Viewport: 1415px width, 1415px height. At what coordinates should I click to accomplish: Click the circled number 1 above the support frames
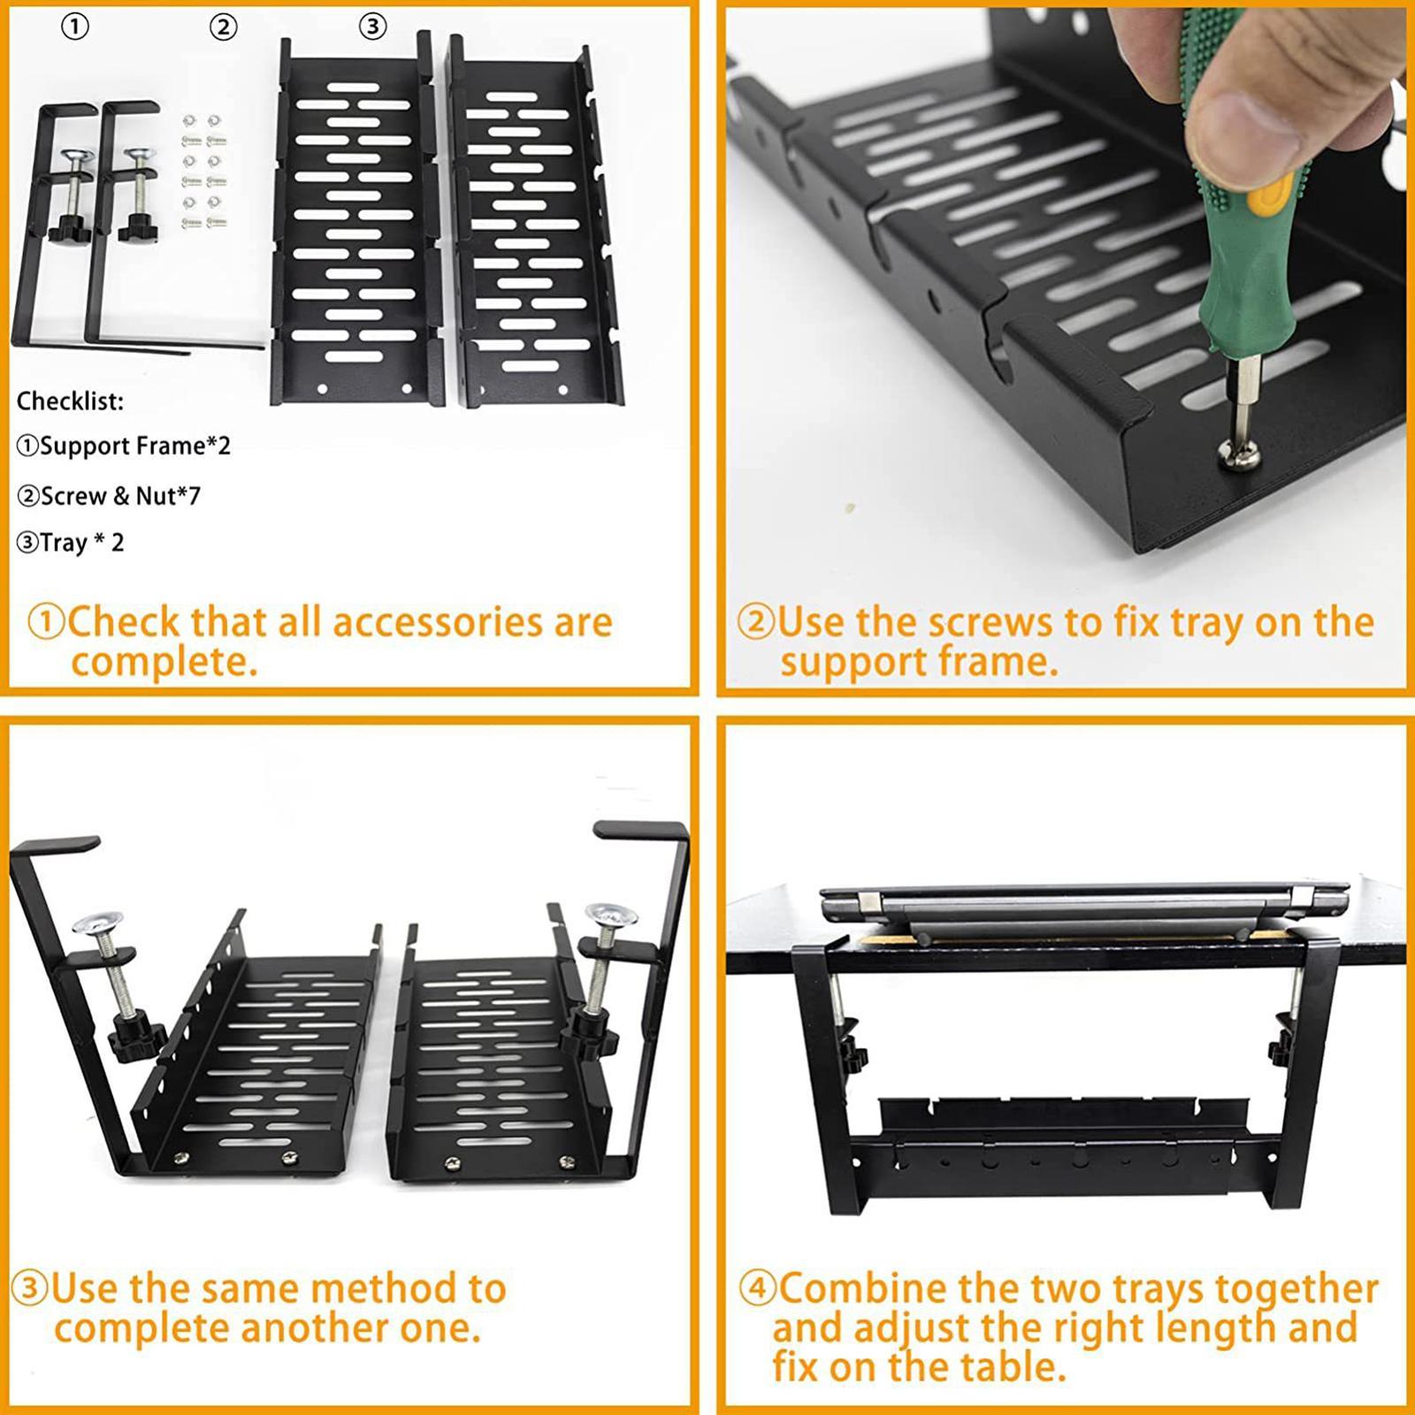[75, 27]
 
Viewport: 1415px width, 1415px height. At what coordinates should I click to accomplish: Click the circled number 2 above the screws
[223, 27]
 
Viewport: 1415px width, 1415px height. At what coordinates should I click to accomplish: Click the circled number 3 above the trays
[372, 27]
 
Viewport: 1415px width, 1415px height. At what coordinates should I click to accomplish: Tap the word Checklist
[70, 401]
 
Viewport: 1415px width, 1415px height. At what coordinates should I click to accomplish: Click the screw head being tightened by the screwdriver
[1231, 453]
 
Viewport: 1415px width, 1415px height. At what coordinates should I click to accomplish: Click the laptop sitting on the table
[1083, 911]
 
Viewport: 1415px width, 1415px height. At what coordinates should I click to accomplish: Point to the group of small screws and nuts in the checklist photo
[203, 172]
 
